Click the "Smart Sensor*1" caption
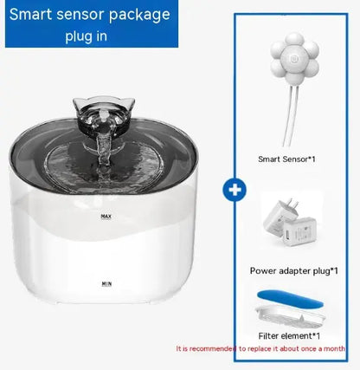[287, 159]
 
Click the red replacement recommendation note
[265, 348]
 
